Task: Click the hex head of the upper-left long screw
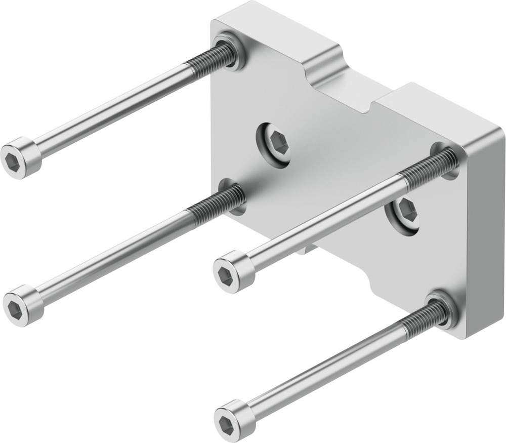(x=20, y=158)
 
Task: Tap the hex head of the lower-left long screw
(x=23, y=305)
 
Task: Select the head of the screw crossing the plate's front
(x=232, y=272)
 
